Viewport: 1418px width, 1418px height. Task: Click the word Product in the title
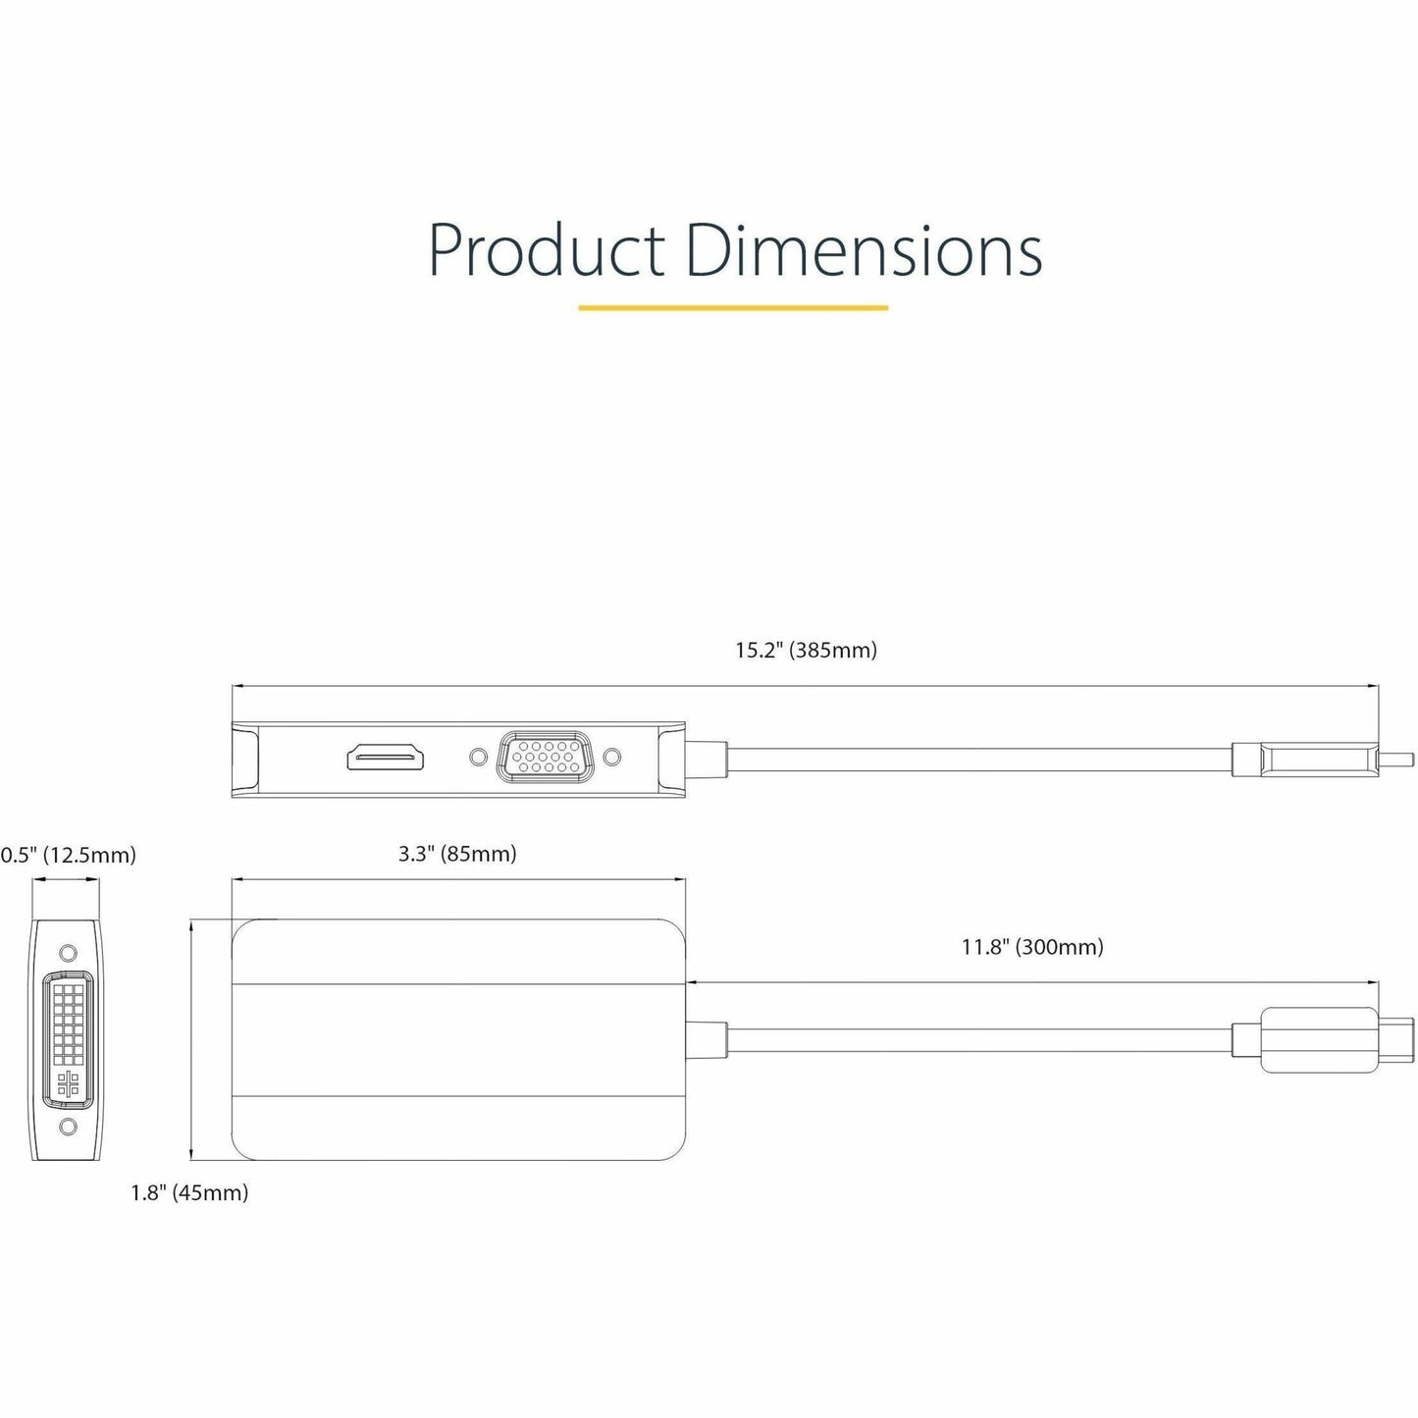click(x=546, y=250)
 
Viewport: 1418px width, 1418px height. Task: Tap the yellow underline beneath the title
click(x=733, y=308)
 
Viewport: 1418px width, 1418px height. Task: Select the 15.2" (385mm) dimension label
click(x=806, y=650)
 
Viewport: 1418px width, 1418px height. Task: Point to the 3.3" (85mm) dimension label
click(x=457, y=854)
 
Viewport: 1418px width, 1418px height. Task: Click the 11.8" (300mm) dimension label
click(x=1032, y=947)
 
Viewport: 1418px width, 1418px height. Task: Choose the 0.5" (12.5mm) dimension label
click(x=68, y=855)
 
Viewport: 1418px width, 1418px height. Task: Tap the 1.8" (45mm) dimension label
click(x=189, y=1192)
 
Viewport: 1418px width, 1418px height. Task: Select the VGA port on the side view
click(x=545, y=758)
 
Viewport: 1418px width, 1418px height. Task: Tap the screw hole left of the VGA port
click(x=478, y=758)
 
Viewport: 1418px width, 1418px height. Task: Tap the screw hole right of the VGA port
click(x=612, y=758)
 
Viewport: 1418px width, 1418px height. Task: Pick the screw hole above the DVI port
click(x=67, y=952)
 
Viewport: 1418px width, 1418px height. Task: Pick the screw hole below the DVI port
click(x=67, y=1127)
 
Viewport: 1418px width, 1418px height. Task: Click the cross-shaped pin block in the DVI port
click(x=67, y=1082)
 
